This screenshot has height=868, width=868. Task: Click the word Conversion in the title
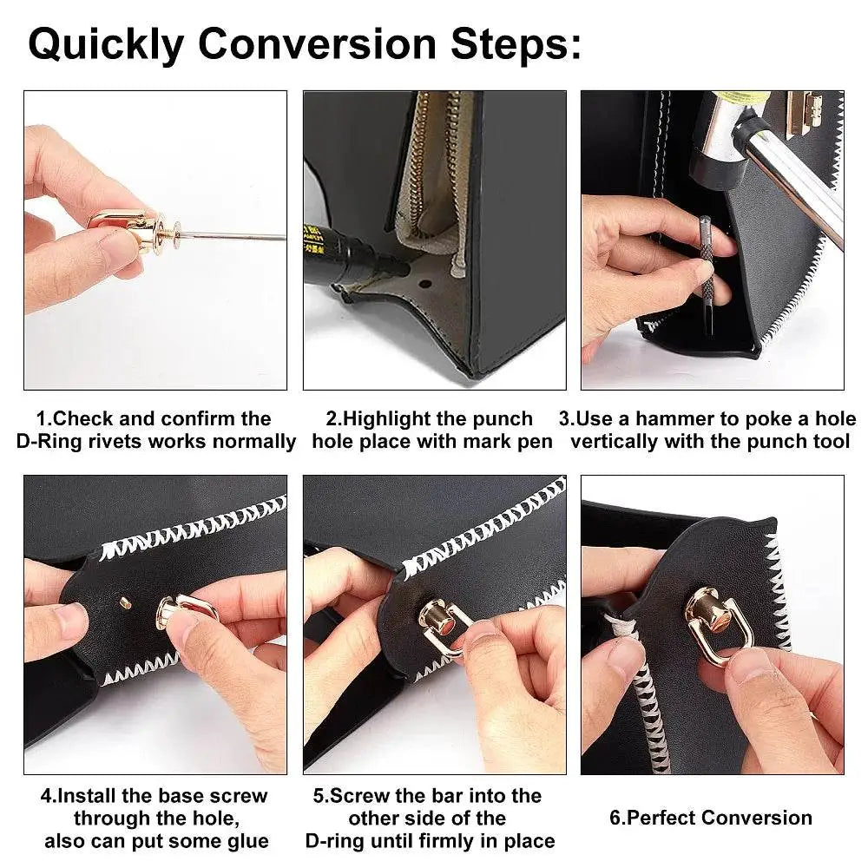318,43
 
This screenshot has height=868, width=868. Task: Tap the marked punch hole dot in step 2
425,284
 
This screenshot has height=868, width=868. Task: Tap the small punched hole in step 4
125,602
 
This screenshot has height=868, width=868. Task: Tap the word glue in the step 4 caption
248,841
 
